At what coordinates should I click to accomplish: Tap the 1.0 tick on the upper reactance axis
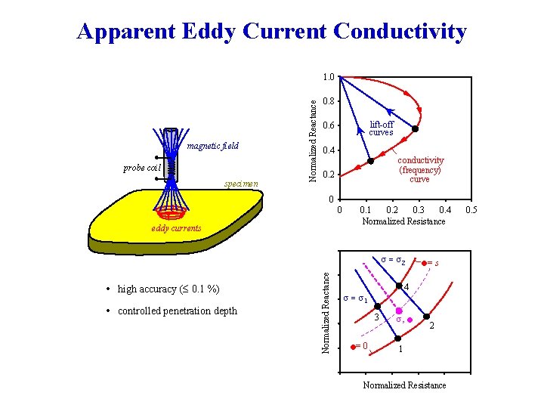[328, 77]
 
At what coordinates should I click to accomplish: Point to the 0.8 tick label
[328, 101]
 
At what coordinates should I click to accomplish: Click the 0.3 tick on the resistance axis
[419, 209]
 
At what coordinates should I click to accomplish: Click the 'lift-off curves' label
[381, 128]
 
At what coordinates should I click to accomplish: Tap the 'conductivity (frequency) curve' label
[421, 170]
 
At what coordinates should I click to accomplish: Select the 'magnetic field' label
[212, 146]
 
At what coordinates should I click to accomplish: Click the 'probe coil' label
[141, 167]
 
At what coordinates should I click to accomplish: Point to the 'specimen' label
[241, 184]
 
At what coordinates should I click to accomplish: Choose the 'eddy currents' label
[176, 228]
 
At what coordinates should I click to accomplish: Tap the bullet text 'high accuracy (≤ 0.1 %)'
[168, 289]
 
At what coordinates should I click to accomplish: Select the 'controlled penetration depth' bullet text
[177, 311]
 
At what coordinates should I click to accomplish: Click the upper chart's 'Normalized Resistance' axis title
[403, 221]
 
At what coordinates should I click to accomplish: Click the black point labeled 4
[398, 286]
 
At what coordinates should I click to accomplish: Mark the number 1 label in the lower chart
[400, 349]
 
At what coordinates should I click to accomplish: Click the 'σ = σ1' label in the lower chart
[355, 298]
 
